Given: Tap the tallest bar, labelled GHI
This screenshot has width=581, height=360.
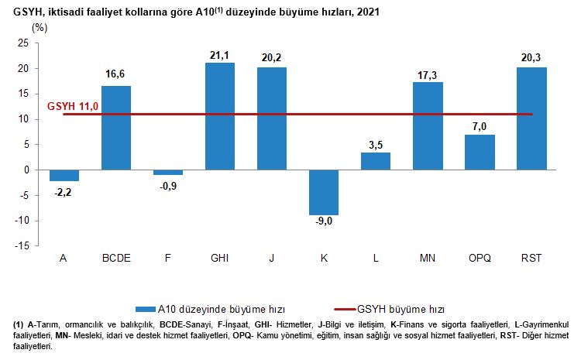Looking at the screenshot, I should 220,116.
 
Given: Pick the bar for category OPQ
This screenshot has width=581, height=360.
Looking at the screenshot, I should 480,152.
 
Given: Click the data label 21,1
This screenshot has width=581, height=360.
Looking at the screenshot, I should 220,55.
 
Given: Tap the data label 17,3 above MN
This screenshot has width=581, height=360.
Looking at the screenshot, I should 428,74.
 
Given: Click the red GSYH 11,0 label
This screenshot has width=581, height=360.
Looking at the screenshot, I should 74,105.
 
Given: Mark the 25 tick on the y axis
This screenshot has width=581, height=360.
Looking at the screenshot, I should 23,43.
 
